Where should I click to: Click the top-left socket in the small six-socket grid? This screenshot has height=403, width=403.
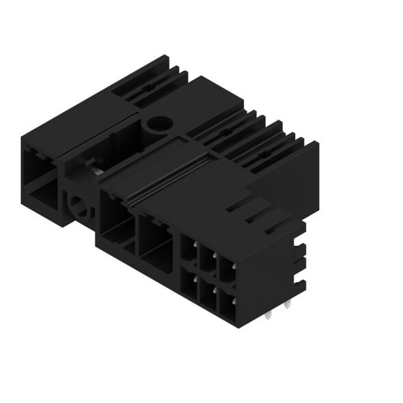click(189, 251)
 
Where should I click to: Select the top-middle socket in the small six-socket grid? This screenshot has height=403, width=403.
click(206, 259)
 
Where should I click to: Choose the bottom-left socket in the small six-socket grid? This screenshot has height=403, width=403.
click(189, 281)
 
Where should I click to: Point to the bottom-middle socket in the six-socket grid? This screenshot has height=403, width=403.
click(206, 290)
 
